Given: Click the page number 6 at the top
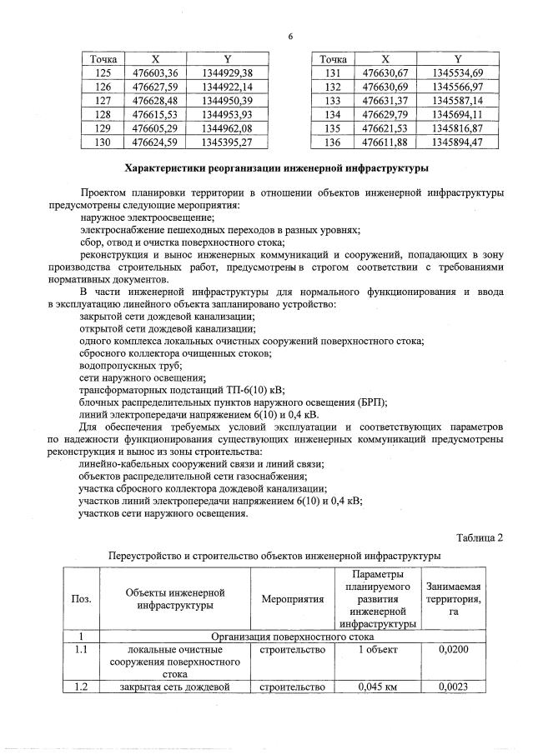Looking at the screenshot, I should [290, 36].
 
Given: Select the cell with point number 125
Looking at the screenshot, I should [103, 73].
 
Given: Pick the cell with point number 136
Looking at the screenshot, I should [334, 142].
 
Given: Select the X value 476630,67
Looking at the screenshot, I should [385, 73].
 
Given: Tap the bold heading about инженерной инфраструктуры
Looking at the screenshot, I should [276, 168].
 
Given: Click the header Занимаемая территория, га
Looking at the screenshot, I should [453, 599].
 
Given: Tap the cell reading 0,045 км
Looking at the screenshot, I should [378, 687].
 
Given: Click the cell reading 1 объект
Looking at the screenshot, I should [378, 649].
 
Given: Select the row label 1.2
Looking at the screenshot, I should [82, 687].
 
